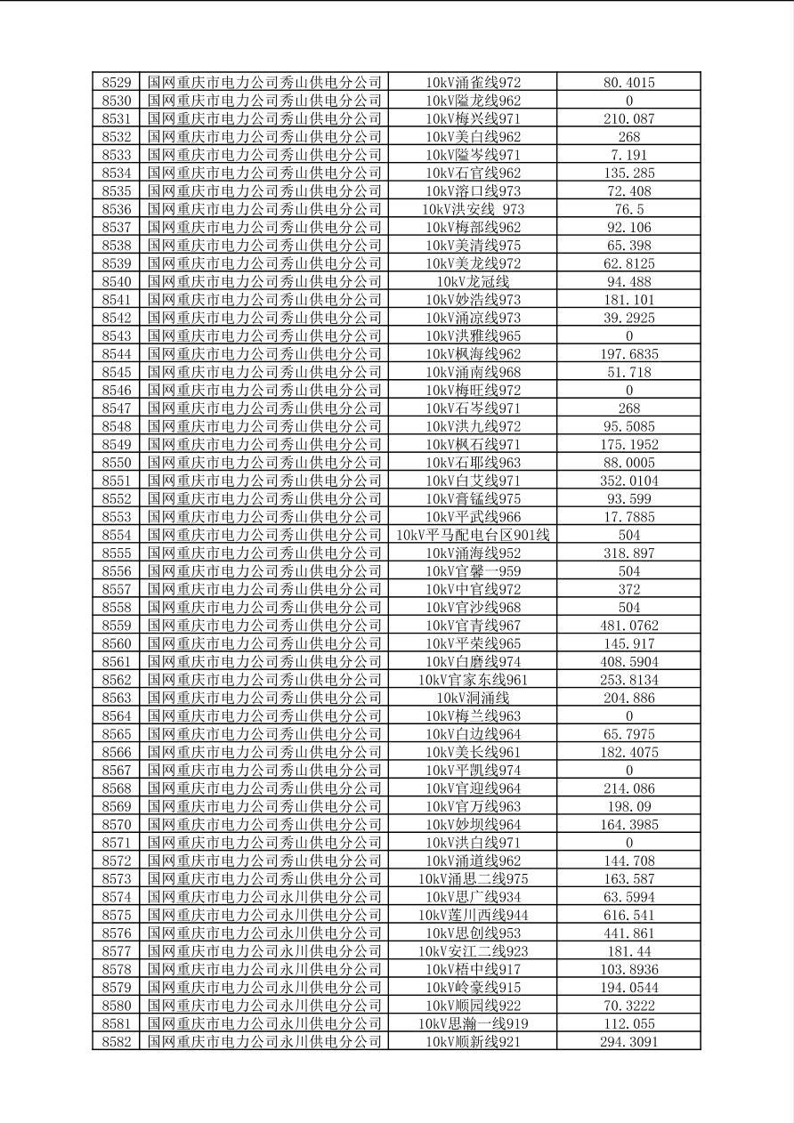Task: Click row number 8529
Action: click(x=116, y=83)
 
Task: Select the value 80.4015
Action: click(x=628, y=83)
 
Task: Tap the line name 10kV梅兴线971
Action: click(x=473, y=118)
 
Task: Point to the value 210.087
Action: click(x=628, y=118)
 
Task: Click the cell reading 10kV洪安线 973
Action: click(x=473, y=209)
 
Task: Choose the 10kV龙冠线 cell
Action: click(x=473, y=281)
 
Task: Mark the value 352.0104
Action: click(x=628, y=481)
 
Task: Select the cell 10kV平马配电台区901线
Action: click(x=473, y=535)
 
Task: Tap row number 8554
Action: click(x=116, y=535)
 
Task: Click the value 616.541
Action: click(x=628, y=915)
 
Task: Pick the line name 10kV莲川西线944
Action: click(x=473, y=915)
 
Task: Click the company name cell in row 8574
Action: click(x=264, y=897)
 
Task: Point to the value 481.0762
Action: click(x=628, y=626)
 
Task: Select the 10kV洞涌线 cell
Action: click(x=473, y=698)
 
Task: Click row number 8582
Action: click(x=116, y=1041)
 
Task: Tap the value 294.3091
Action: click(x=628, y=1041)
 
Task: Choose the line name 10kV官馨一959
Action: click(x=473, y=571)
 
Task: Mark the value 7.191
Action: click(x=628, y=155)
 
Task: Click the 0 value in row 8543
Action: click(x=628, y=335)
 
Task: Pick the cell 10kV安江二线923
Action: click(x=473, y=951)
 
